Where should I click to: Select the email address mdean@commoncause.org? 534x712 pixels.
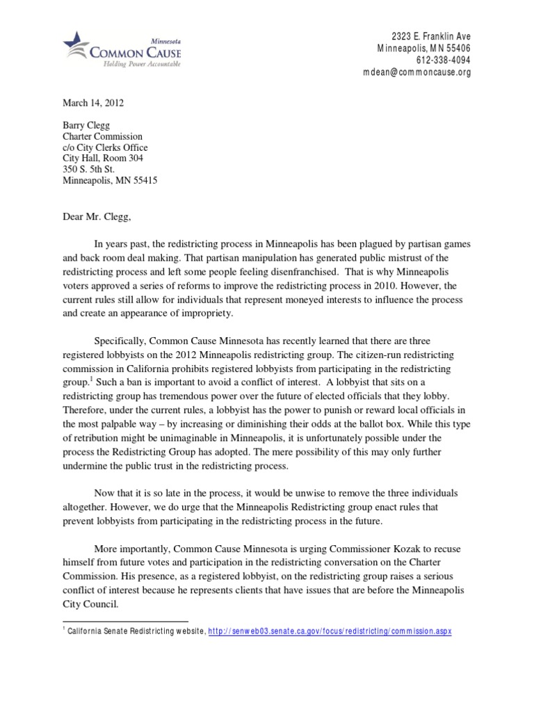point(417,73)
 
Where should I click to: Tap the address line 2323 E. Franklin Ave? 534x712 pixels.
point(430,36)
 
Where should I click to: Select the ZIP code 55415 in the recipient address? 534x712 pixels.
point(144,179)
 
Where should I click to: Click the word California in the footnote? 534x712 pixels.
point(88,631)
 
